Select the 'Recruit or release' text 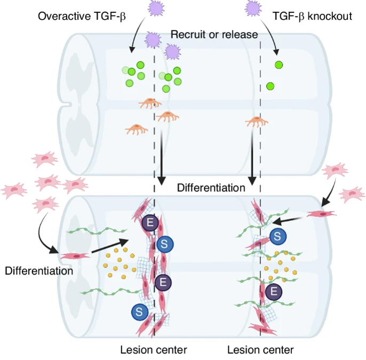pyautogui.click(x=214, y=35)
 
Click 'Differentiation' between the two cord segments pyautogui.click(x=211, y=187)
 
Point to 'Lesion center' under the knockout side pyautogui.click(x=260, y=350)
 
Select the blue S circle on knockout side pyautogui.click(x=277, y=235)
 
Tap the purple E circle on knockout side pyautogui.click(x=274, y=291)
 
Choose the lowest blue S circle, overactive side pyautogui.click(x=140, y=311)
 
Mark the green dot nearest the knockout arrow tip pyautogui.click(x=278, y=65)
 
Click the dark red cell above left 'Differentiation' pyautogui.click(x=75, y=256)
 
